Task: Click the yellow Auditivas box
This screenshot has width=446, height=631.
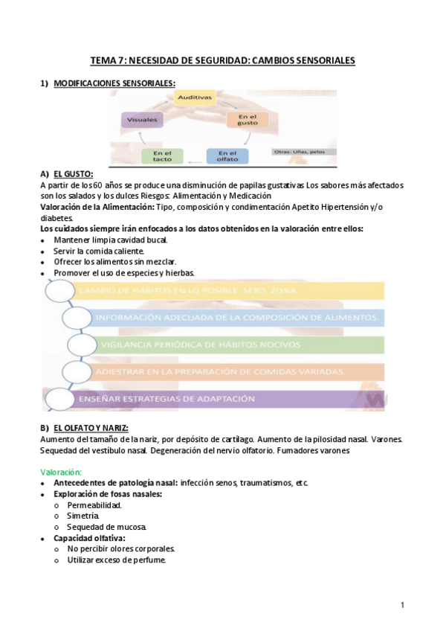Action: click(195, 97)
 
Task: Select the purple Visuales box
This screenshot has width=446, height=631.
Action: click(141, 119)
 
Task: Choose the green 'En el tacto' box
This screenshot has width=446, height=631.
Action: click(162, 156)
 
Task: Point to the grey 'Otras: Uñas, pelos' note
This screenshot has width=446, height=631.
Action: click(303, 153)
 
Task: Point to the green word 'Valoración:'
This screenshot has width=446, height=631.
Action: click(61, 471)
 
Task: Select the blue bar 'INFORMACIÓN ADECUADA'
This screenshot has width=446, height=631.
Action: click(234, 318)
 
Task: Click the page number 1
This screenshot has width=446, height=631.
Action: click(402, 606)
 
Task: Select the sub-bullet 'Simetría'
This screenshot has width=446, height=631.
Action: click(84, 516)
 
